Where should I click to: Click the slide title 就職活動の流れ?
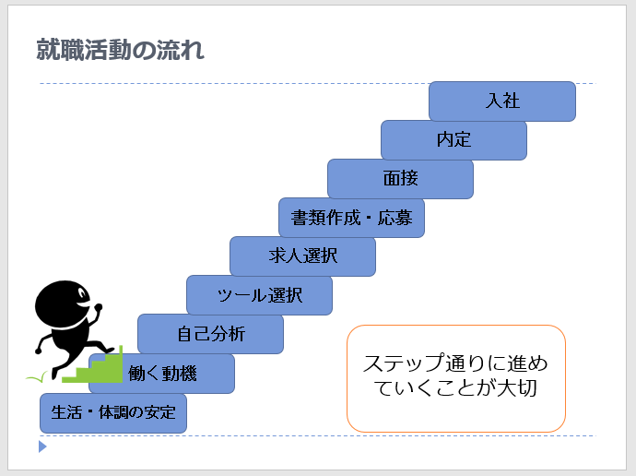point(120,50)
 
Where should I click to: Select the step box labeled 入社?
point(502,101)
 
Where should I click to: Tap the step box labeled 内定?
point(453,140)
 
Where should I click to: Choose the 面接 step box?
point(400,179)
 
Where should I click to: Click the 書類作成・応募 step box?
point(351,218)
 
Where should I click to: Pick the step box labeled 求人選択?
point(302,256)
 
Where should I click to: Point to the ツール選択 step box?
point(260,295)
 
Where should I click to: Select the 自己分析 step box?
point(210,334)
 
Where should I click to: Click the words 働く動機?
point(162,374)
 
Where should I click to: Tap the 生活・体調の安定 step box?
point(113,413)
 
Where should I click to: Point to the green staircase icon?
point(92,365)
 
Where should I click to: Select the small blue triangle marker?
point(42,446)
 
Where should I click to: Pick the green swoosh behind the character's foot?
point(37,378)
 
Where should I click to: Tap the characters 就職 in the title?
point(60,50)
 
